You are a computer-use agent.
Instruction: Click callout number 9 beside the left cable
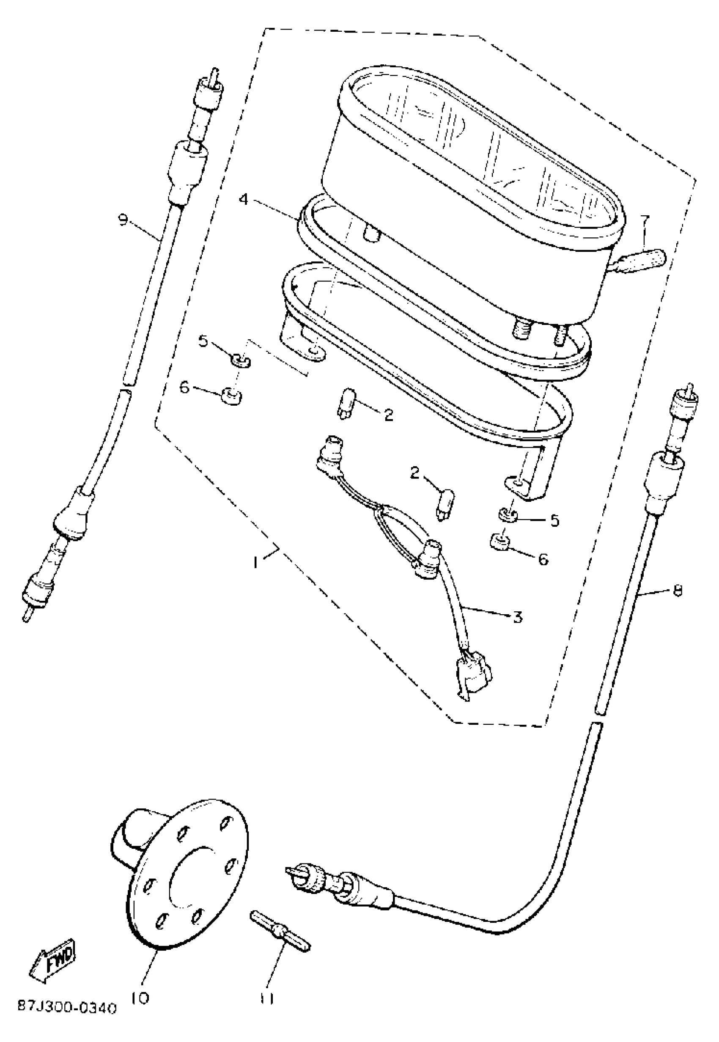pyautogui.click(x=123, y=220)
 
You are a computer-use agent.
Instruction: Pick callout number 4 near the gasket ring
pyautogui.click(x=243, y=199)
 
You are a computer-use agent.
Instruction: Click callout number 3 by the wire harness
pyautogui.click(x=518, y=617)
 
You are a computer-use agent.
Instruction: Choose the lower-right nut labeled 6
pyautogui.click(x=499, y=544)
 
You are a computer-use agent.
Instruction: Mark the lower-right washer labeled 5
pyautogui.click(x=508, y=514)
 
